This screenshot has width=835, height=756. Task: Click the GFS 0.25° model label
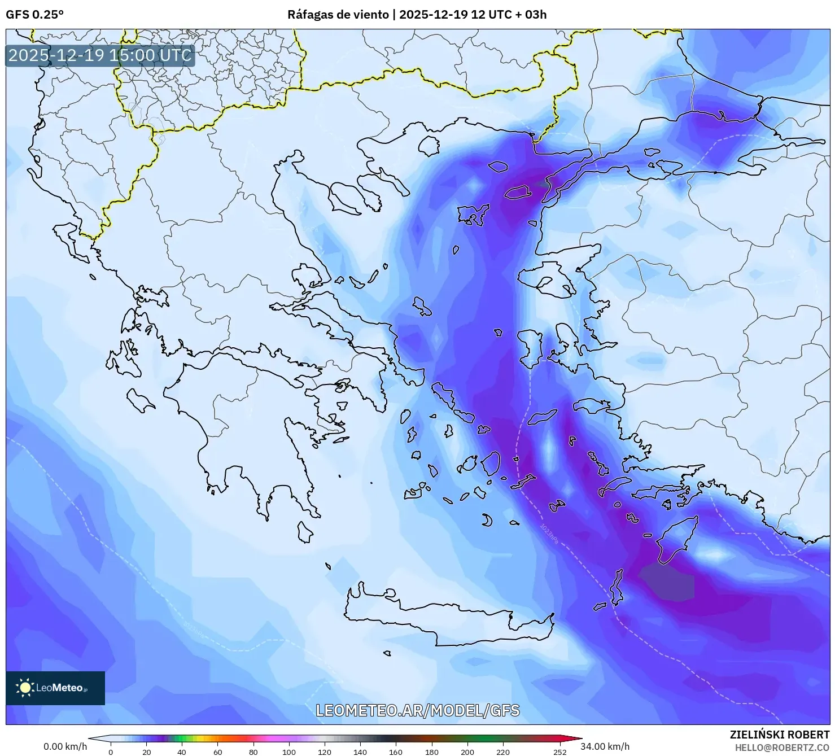(x=34, y=15)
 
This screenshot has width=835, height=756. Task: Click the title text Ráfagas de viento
(x=338, y=15)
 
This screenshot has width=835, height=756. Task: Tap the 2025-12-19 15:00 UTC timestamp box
(x=100, y=55)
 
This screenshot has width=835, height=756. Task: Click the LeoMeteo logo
(x=55, y=688)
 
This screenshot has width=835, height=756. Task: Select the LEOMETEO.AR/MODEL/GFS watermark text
(x=417, y=710)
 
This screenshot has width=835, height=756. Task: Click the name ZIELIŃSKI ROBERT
(x=780, y=735)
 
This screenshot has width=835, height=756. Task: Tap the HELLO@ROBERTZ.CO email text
(x=782, y=747)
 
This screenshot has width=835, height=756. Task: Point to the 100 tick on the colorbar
(x=288, y=751)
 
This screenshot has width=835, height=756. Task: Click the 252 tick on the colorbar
(x=559, y=751)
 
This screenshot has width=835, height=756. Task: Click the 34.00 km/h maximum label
(x=605, y=746)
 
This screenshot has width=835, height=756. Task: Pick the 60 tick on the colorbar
(x=218, y=751)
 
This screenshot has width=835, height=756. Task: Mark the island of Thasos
(x=429, y=146)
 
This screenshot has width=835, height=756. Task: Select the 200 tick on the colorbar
(x=467, y=751)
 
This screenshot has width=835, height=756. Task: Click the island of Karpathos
(x=618, y=587)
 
